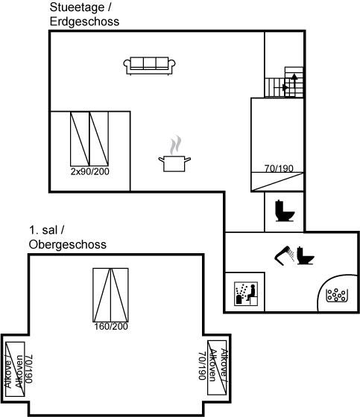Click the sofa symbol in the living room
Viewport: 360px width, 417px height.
pos(149,66)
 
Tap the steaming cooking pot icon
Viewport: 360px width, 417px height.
pos(174,154)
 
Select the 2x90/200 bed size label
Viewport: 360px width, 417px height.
pos(89,171)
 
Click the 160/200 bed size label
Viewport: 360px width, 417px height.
pos(111,326)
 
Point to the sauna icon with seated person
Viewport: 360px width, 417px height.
pos(246,293)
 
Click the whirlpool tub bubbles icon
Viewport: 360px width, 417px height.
pos(337,295)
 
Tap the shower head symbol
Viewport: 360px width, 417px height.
pos(285,255)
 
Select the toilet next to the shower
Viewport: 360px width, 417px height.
pos(306,255)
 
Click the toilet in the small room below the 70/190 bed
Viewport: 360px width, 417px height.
pos(285,211)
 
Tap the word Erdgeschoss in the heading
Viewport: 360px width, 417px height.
pos(84,22)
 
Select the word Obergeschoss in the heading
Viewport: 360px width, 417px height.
pos(68,244)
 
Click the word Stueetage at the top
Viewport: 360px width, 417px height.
pos(77,7)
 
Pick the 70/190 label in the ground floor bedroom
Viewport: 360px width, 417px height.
pos(279,168)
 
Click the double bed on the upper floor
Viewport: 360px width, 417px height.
pos(110,295)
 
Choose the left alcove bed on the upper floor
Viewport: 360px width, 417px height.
pos(15,369)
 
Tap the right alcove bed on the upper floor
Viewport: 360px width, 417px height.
pos(217,368)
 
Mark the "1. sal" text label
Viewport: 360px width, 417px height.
pos(43,230)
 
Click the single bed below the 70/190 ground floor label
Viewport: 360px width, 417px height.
pos(277,182)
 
